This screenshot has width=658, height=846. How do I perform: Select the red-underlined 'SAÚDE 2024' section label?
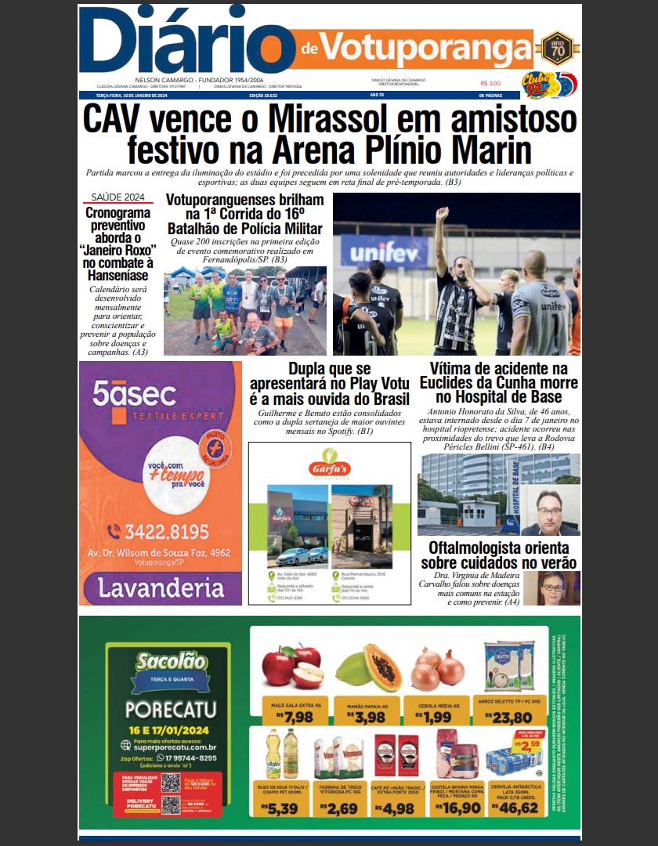point(117,197)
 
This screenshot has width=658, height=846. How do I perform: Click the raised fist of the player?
point(442,214)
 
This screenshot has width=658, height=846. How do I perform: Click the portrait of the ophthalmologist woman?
point(557,588)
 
